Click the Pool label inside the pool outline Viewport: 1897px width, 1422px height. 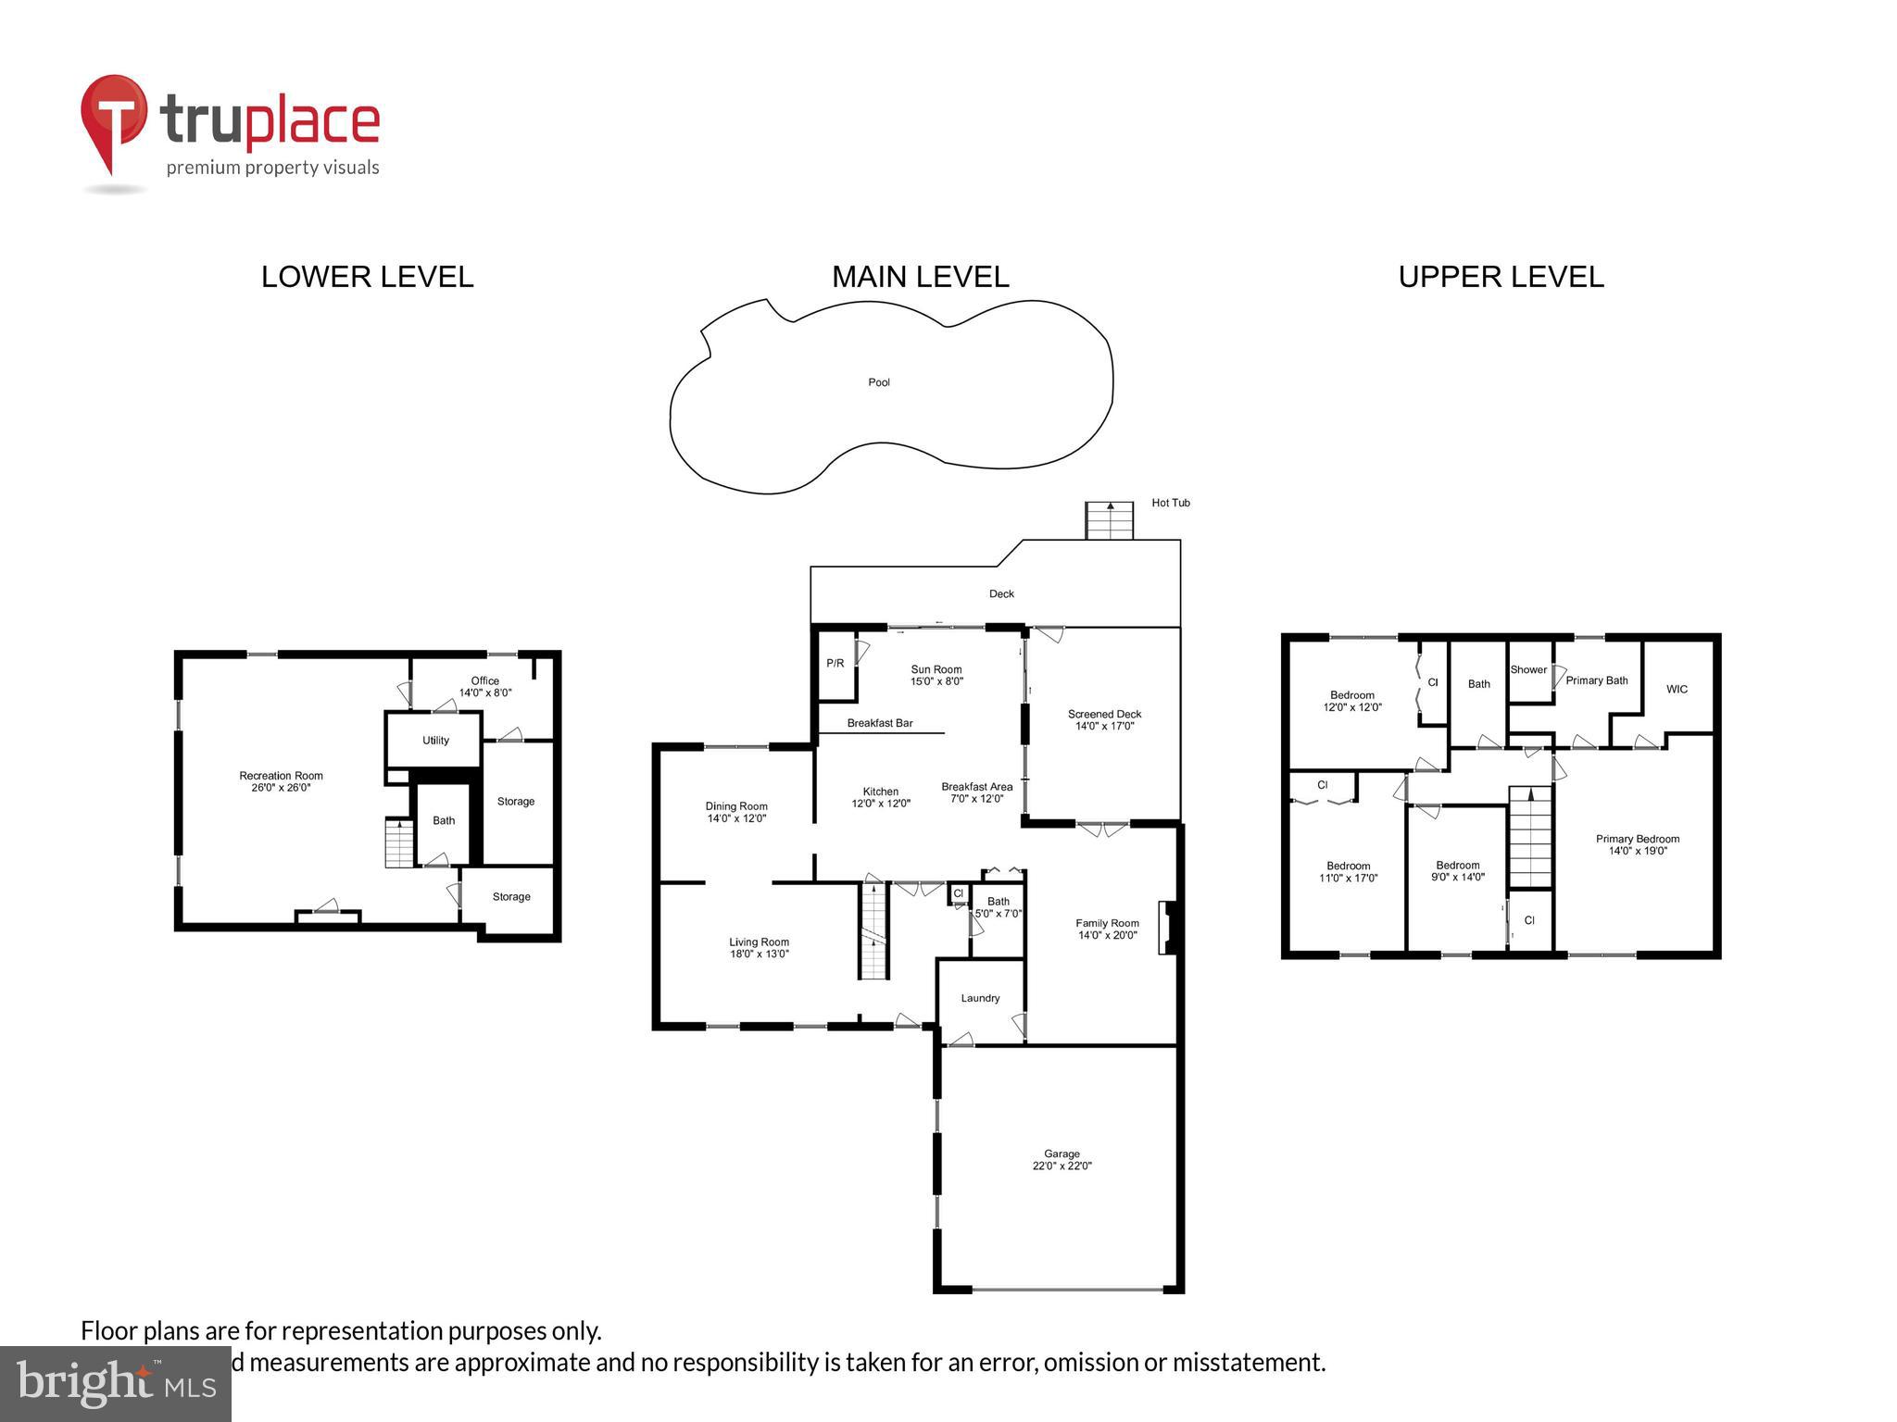point(878,382)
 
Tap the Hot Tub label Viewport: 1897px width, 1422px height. point(1170,503)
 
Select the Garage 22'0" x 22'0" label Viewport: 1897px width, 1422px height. point(1062,1160)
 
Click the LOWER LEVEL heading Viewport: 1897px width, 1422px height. point(367,277)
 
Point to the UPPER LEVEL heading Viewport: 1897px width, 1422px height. point(1501,277)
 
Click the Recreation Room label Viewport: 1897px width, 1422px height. point(281,781)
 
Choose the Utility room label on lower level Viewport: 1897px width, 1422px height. point(435,740)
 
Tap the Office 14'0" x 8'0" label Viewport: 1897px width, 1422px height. point(484,686)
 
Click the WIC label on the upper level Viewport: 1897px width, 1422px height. point(1677,689)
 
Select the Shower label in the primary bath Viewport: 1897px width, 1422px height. point(1528,669)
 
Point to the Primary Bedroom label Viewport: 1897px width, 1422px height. point(1637,844)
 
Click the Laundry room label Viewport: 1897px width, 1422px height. point(980,998)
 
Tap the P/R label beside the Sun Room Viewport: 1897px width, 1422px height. point(835,663)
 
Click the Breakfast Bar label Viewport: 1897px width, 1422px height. point(879,723)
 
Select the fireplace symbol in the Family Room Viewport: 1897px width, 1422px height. point(1167,928)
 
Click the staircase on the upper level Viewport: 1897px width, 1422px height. point(1530,837)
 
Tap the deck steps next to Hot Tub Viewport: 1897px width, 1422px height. point(1110,520)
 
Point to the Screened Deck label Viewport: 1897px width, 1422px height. point(1104,719)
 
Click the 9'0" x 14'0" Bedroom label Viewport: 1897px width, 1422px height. point(1457,871)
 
